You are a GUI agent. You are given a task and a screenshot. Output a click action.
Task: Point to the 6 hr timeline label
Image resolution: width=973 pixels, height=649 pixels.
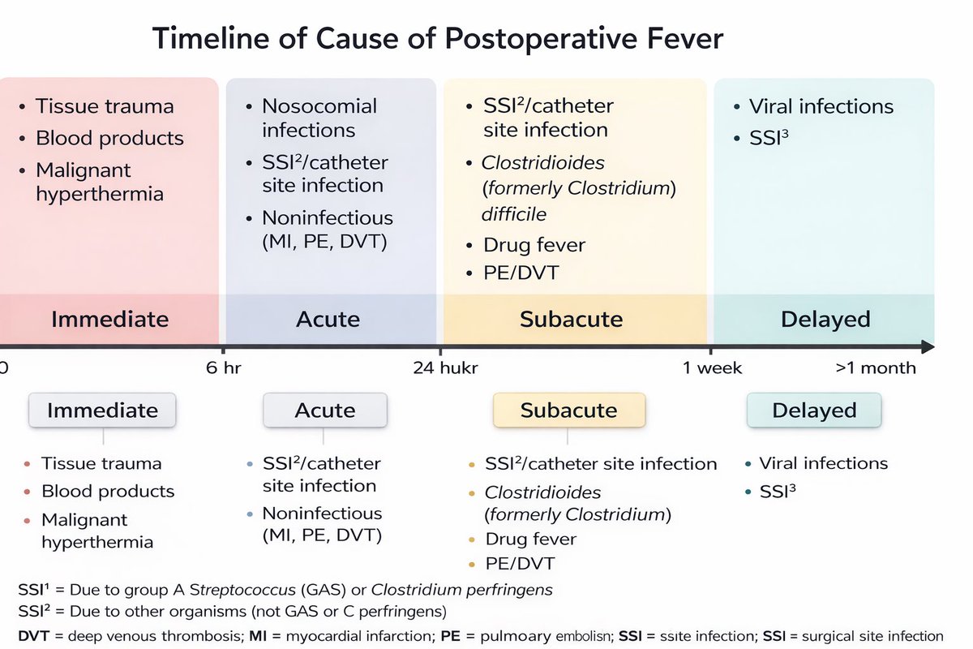(225, 367)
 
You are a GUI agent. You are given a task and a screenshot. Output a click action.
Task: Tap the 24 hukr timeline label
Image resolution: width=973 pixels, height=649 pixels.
(445, 367)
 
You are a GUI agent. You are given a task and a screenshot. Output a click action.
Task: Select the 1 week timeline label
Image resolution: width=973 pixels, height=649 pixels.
(712, 367)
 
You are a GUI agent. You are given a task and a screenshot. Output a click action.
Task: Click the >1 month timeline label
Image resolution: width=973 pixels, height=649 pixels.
(875, 367)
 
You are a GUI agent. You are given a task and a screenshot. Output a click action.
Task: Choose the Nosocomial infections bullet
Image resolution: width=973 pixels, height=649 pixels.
(319, 118)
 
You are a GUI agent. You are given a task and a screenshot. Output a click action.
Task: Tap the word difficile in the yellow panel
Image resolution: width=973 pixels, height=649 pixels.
(515, 214)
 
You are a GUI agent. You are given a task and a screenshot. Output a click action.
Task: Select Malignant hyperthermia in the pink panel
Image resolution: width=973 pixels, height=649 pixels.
(99, 182)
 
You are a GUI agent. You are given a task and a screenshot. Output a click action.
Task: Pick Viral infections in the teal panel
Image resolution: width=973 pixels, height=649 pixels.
(821, 106)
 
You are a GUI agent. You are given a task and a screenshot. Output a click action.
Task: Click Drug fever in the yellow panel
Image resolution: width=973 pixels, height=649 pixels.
(534, 244)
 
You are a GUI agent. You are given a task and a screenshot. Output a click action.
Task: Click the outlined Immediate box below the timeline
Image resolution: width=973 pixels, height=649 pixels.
(104, 410)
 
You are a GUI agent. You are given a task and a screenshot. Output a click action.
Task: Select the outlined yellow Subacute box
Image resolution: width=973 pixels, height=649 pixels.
(568, 410)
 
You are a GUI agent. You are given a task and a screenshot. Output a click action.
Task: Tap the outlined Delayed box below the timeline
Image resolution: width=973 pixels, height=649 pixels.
(813, 410)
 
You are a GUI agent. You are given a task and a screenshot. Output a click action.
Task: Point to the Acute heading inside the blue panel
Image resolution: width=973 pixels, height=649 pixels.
(328, 319)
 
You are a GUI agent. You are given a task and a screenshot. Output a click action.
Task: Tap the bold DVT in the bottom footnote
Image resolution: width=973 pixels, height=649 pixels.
(32, 636)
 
